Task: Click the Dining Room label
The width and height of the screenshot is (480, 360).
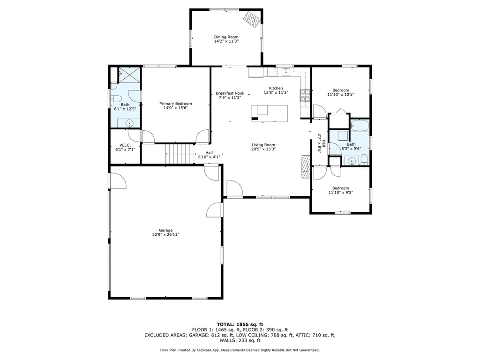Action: pos(226,37)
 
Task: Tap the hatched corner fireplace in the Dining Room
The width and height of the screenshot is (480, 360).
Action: pos(252,20)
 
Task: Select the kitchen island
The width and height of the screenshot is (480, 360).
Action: pos(270,113)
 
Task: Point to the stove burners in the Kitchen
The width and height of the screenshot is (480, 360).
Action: pos(305,95)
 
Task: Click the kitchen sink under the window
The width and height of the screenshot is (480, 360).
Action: pos(285,72)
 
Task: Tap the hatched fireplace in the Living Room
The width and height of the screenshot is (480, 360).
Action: pos(306,167)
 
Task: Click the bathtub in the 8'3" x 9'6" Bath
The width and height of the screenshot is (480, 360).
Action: pos(360,126)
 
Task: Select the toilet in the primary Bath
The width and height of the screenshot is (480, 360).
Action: pos(116,98)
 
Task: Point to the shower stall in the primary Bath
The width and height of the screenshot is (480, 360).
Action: pos(129,75)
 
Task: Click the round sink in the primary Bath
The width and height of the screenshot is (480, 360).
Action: pos(130,124)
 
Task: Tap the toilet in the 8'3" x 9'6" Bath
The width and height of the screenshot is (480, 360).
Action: pos(364,159)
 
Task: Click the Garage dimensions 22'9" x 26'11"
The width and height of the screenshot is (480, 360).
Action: pos(165,235)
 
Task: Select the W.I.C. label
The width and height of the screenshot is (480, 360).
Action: pos(125,145)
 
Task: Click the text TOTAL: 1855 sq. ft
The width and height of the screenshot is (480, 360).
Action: pos(240,324)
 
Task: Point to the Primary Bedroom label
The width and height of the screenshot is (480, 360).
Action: pos(176,104)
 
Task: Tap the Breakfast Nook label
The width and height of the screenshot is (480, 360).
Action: pos(230,93)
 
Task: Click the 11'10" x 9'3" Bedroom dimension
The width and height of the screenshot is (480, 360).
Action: pos(341,193)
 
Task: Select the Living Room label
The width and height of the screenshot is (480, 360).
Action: pos(263,145)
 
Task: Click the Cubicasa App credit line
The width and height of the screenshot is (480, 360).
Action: pos(240,350)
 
